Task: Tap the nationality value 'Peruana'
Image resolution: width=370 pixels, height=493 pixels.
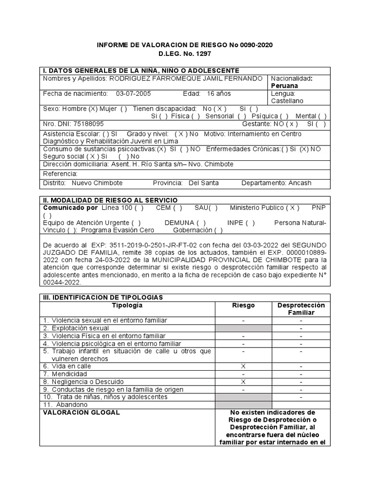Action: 285,85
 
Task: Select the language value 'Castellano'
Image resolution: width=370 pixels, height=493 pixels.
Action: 287,101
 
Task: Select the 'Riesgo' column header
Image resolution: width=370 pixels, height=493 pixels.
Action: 243,305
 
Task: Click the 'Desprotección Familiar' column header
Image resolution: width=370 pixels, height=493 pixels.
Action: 301,309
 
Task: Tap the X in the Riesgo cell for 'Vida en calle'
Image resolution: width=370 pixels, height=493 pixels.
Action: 243,366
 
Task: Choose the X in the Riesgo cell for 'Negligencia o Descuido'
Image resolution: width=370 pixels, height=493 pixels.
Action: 243,382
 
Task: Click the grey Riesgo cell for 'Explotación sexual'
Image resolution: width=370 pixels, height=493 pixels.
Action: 243,328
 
